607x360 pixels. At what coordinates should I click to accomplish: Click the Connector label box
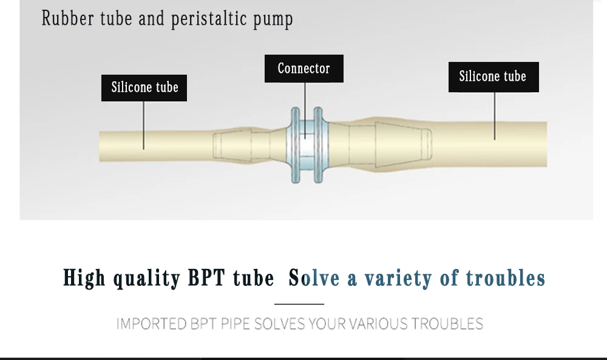pos(303,69)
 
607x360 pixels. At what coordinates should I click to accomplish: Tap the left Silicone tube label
pos(144,87)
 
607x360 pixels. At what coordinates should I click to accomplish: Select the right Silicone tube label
pos(493,76)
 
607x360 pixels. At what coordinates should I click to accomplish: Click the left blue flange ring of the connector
pos(296,145)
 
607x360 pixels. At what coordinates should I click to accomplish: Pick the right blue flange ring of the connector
pos(318,145)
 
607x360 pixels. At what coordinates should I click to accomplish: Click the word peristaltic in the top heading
pos(205,19)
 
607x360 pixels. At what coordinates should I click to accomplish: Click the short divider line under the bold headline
pos(299,304)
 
